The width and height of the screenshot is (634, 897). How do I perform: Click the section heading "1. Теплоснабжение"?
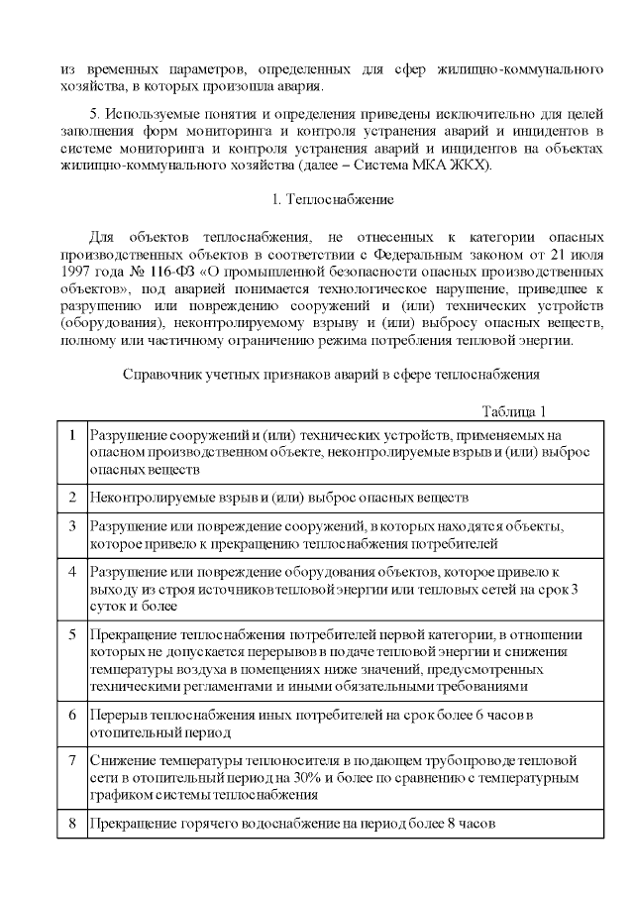pos(333,199)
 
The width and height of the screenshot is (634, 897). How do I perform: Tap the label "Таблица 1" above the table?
pos(514,411)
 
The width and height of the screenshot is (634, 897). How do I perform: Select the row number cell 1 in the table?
pos(72,435)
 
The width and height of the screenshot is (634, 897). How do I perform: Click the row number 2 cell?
pos(72,496)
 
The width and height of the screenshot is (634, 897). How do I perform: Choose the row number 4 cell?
pos(72,573)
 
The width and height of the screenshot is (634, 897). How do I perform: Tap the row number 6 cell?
pos(72,714)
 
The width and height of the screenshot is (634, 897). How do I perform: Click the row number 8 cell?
pos(72,823)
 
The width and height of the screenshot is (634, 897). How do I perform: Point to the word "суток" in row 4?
pos(109,606)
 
